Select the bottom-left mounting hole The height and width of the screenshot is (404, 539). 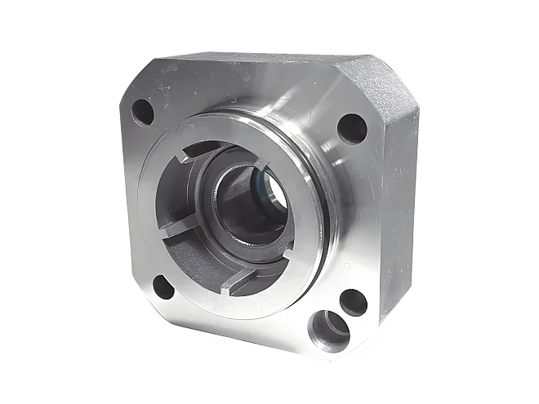coord(164,287)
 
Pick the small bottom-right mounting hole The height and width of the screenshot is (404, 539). coord(353,301)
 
